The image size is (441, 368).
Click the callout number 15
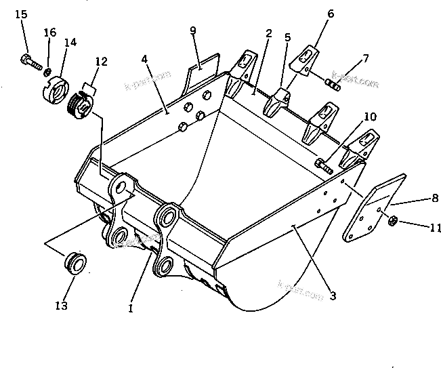21,14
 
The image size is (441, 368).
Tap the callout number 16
49,33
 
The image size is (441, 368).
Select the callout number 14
70,42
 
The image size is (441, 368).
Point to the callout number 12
101,62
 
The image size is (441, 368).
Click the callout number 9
193,30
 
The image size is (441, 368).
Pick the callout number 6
331,13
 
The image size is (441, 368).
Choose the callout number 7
366,58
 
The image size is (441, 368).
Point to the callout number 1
130,308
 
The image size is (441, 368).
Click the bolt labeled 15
29,62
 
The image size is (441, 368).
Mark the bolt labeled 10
323,165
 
